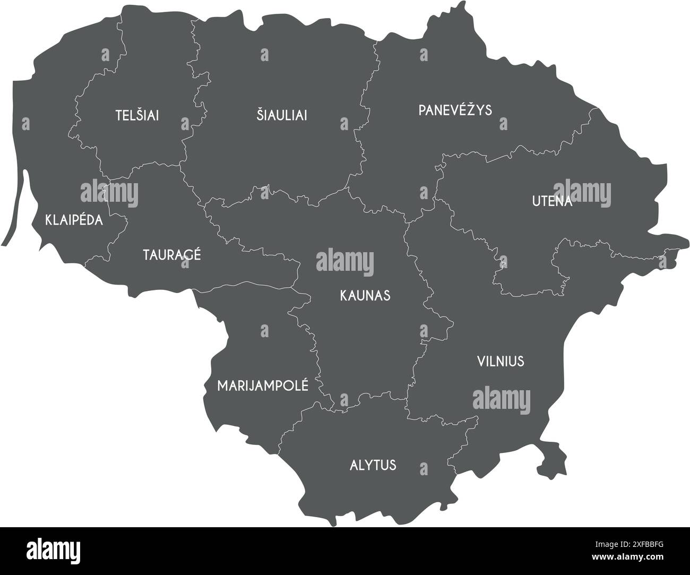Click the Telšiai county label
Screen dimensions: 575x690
(137, 115)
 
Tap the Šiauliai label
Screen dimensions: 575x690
(282, 115)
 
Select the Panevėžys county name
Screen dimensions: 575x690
(455, 110)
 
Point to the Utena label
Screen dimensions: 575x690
(552, 202)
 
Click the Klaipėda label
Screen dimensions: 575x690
(74, 220)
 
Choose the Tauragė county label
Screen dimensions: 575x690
(172, 254)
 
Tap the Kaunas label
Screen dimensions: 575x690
(365, 295)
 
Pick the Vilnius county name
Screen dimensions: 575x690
(500, 362)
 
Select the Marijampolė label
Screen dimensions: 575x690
(263, 385)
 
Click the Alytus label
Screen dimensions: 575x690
(373, 465)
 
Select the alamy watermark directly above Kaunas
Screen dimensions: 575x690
(344, 262)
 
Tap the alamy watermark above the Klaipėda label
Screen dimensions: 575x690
(109, 192)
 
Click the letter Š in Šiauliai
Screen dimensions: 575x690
(261, 114)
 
